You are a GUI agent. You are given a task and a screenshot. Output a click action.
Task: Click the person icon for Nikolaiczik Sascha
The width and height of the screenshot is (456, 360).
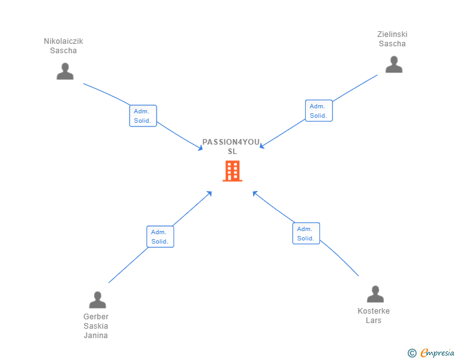click(65, 71)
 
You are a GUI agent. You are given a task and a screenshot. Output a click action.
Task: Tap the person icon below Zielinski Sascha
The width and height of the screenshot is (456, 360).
click(394, 64)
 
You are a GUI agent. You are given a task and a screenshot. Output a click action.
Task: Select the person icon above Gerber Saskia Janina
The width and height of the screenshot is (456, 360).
click(98, 299)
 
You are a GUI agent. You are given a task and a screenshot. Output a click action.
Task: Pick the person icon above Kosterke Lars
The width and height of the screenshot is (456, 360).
click(375, 294)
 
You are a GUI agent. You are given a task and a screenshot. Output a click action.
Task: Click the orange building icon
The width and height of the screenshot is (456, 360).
click(232, 171)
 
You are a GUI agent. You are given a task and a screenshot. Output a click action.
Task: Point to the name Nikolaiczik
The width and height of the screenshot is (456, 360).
click(63, 41)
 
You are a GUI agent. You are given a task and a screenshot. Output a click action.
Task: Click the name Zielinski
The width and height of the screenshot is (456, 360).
click(392, 34)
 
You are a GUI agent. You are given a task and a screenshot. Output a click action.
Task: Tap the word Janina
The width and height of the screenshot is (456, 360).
click(96, 336)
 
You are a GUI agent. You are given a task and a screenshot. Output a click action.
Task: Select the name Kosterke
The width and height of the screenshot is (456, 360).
click(374, 311)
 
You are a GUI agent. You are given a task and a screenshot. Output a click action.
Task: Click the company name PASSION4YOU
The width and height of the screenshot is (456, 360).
click(231, 142)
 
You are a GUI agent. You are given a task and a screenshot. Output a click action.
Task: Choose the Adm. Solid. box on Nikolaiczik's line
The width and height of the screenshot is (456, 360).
click(143, 116)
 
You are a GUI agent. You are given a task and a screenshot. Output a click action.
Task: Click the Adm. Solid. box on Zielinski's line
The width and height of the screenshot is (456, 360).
click(319, 110)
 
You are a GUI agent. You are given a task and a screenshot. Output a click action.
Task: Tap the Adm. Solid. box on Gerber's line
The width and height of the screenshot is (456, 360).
click(160, 237)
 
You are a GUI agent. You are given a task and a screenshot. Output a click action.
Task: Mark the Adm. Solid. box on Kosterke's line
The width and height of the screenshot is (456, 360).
click(306, 233)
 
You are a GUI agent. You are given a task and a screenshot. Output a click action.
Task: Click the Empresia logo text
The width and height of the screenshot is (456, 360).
click(437, 352)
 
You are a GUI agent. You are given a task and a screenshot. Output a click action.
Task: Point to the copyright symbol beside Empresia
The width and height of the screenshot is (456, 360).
click(412, 352)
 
